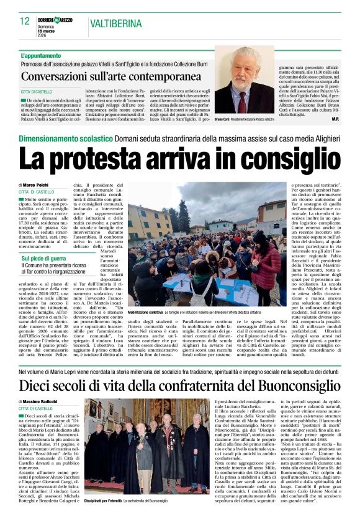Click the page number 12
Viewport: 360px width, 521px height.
click(x=25, y=21)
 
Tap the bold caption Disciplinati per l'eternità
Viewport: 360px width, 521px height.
click(x=102, y=500)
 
